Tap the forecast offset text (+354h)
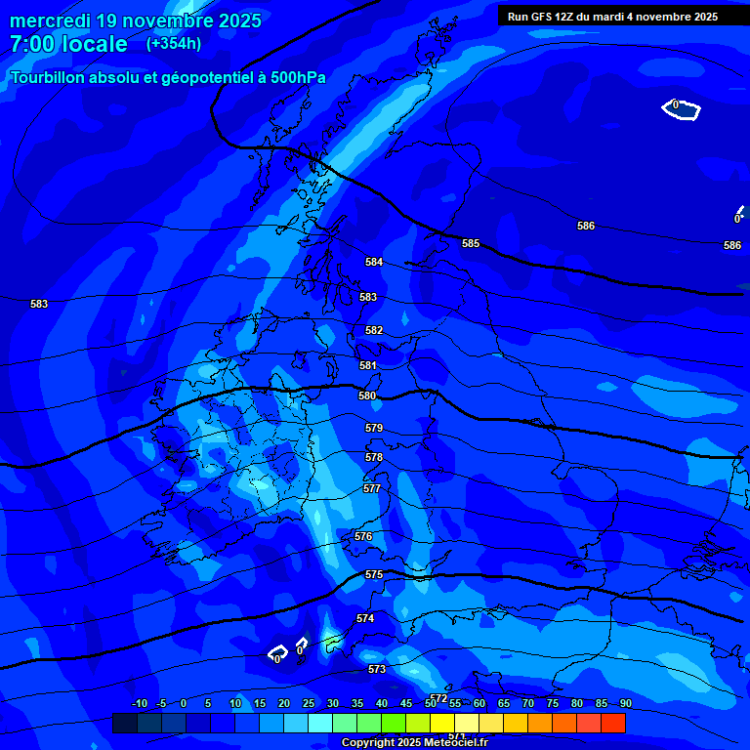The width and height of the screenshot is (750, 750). (x=174, y=44)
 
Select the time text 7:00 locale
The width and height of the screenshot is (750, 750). (x=68, y=44)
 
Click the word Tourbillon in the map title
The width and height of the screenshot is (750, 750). (x=48, y=78)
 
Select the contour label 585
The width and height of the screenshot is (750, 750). (x=471, y=243)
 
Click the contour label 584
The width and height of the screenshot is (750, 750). (x=374, y=263)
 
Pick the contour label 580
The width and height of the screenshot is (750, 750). (x=367, y=396)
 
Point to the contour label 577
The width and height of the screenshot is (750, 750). (x=372, y=488)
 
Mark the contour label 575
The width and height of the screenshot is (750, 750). (x=374, y=575)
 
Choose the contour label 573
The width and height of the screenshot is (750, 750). (x=377, y=669)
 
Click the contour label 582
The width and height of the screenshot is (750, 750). (x=374, y=331)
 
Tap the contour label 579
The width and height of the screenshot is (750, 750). (x=374, y=429)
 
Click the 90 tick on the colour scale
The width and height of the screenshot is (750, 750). (x=625, y=704)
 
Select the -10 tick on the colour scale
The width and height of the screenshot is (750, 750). (x=139, y=704)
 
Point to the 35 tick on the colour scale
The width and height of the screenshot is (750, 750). (x=356, y=704)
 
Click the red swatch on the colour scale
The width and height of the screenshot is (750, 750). (x=612, y=723)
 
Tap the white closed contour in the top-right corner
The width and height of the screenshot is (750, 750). (x=681, y=110)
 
